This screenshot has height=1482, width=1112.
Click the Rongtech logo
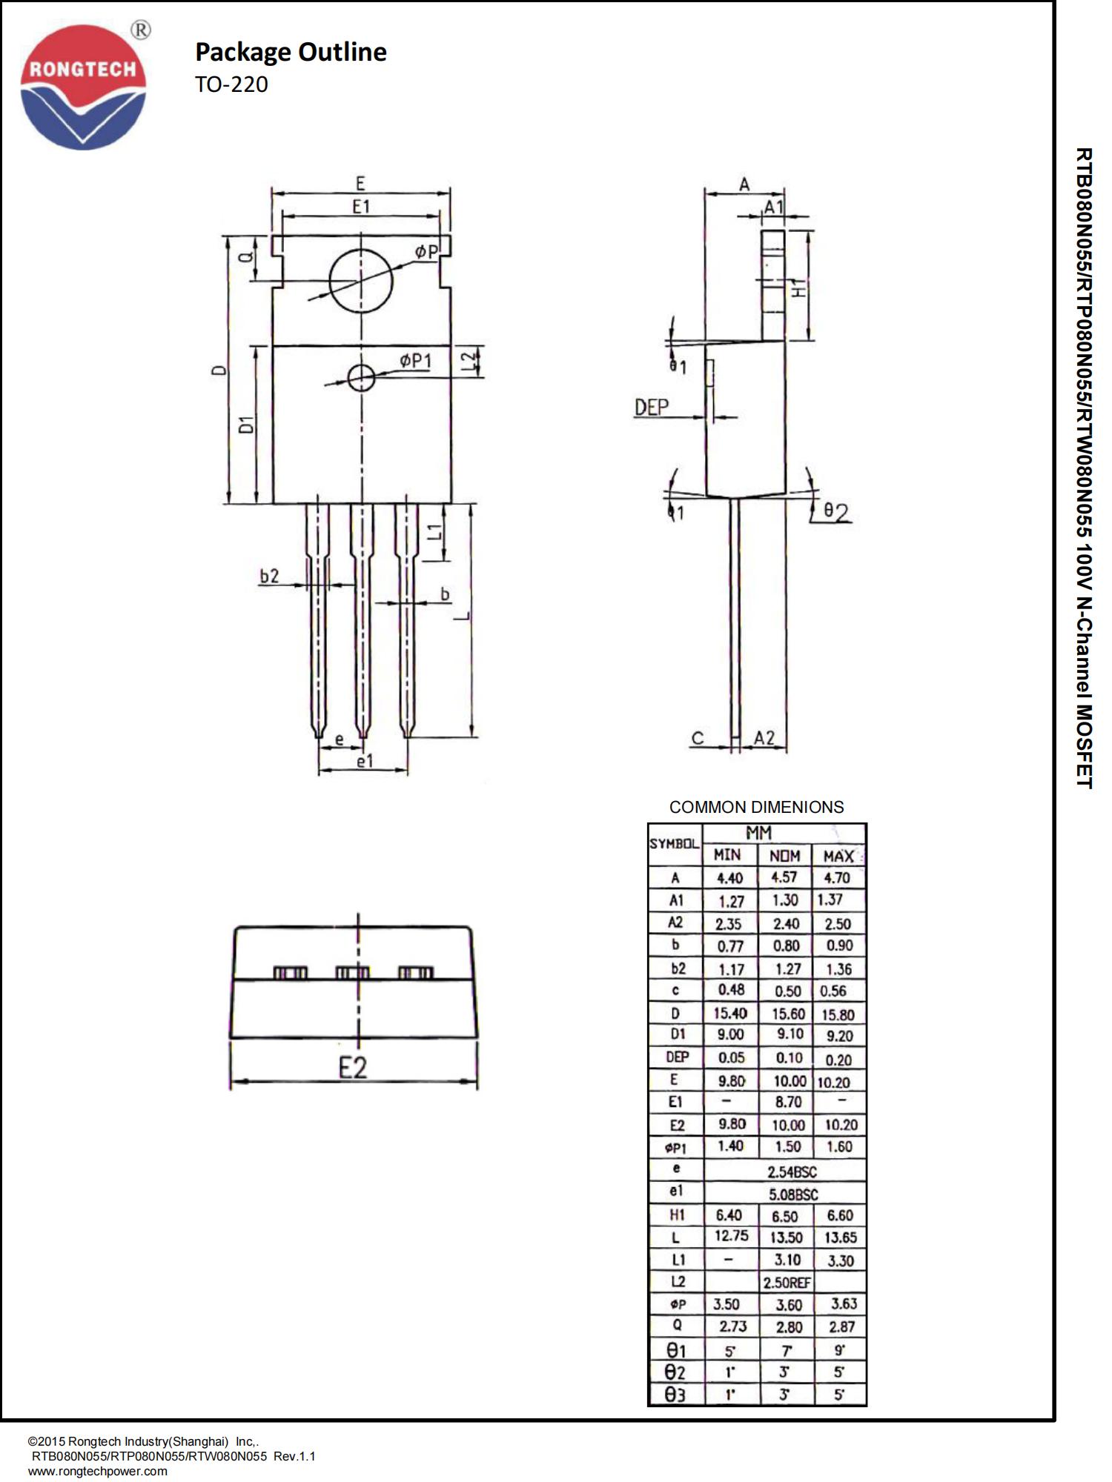pos(83,87)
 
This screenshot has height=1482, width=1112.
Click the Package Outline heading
pos(291,52)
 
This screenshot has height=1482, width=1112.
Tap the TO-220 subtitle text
pos(231,84)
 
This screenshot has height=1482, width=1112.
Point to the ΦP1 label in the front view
pos(415,361)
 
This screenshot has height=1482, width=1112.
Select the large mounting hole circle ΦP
pos(361,282)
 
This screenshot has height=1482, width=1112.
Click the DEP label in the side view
pos(651,407)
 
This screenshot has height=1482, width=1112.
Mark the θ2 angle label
pos(836,512)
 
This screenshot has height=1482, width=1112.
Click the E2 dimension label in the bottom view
pos(353,1068)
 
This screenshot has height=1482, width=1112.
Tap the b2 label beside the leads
pos(269,576)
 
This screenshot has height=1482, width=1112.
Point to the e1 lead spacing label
pos(365,761)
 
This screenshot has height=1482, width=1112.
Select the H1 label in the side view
pos(798,288)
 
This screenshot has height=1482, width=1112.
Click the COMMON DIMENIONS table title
pos(756,807)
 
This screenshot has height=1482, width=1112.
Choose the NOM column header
pos(784,856)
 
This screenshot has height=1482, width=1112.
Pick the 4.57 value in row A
pos(784,877)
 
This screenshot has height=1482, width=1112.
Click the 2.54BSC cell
pos(792,1172)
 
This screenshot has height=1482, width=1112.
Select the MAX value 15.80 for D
pos(838,1014)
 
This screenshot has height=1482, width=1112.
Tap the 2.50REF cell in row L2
pos(787,1282)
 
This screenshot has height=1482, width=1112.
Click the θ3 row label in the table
pos(675,1395)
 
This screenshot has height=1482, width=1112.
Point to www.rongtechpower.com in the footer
pos(97,1471)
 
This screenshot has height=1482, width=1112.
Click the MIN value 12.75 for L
pos(731,1236)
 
